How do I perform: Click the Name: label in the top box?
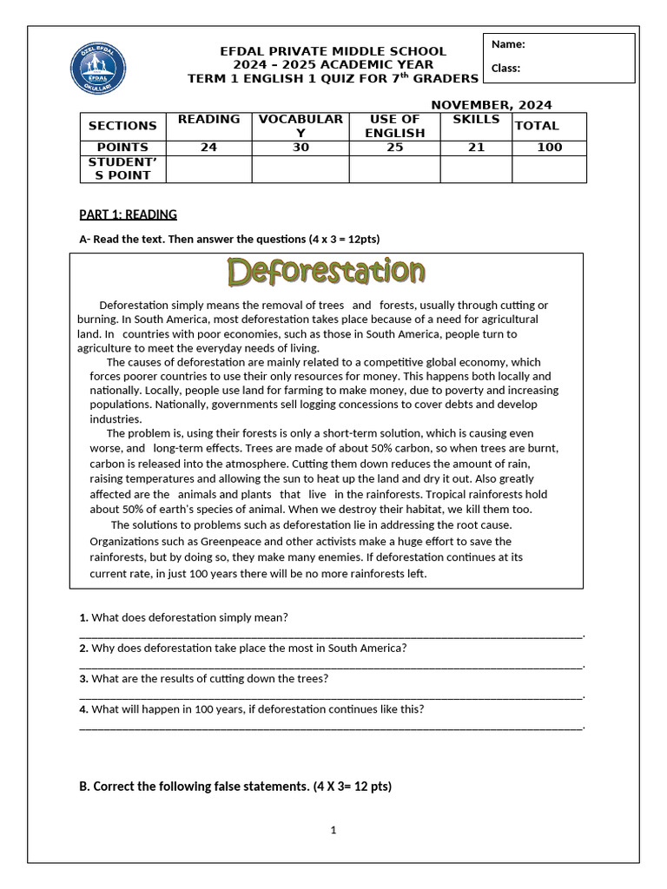(508, 44)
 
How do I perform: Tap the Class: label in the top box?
(505, 68)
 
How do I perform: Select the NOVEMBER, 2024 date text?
(492, 105)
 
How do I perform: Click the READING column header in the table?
(208, 119)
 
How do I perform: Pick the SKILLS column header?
(476, 119)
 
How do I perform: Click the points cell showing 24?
(208, 148)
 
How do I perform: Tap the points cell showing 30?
(300, 148)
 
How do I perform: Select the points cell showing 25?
(394, 148)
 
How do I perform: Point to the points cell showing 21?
(476, 148)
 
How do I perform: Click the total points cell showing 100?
(549, 148)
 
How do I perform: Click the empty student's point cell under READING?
(208, 168)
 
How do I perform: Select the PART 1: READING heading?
(128, 214)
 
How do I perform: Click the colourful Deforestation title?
(326, 273)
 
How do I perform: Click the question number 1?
(83, 617)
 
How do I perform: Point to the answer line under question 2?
(330, 667)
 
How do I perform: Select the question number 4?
(83, 709)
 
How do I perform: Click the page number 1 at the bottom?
(333, 830)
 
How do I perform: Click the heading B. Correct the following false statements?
(234, 787)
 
